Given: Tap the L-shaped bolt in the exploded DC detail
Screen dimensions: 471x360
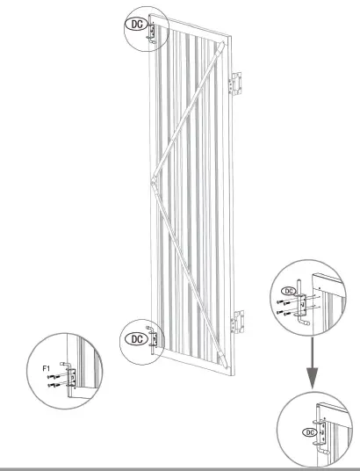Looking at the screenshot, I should [x=303, y=303].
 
